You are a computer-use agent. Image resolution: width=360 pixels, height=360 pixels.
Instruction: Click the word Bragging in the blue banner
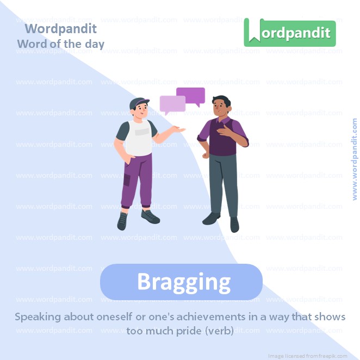coord(183,282)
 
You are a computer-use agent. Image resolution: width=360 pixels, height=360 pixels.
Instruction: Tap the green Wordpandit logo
coord(290,33)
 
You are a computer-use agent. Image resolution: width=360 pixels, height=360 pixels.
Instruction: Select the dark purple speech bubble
coord(191,96)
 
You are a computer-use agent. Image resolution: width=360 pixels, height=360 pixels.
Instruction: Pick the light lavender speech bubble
coord(172,103)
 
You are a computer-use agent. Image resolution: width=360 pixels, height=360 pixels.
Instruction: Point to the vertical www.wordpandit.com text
coord(355,159)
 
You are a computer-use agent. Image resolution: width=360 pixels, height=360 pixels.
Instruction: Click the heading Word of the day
coord(60,44)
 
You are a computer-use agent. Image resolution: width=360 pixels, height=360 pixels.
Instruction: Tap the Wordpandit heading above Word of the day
coord(61,28)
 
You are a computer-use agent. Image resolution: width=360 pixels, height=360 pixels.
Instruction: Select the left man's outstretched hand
coord(180,130)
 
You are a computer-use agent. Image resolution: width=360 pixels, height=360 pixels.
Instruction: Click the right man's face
coord(221,105)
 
